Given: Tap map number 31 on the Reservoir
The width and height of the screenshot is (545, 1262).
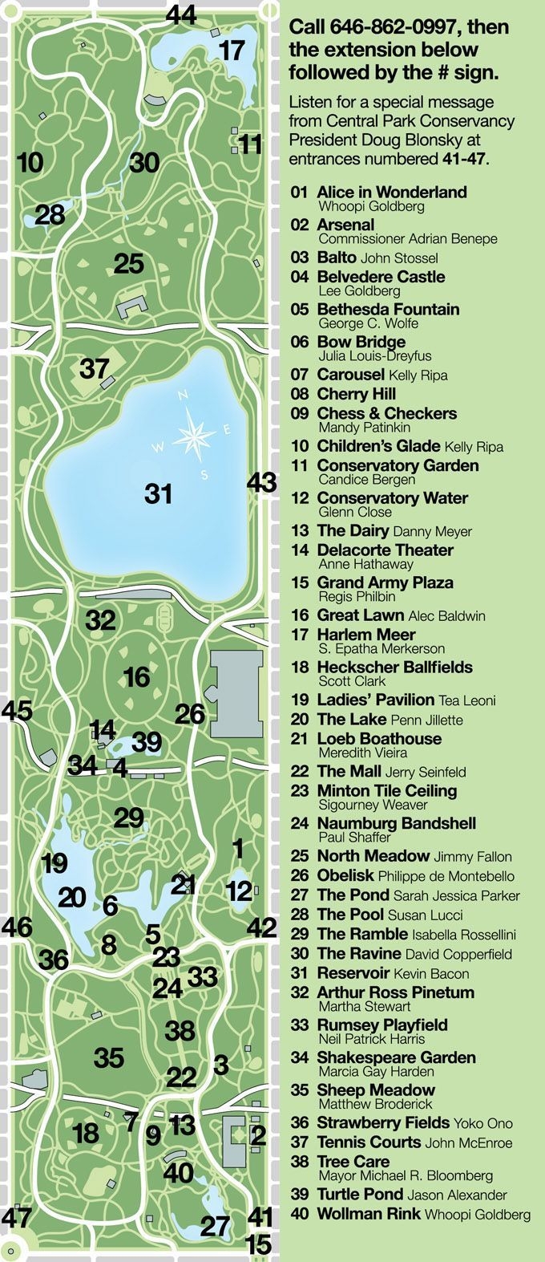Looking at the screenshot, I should [159, 493].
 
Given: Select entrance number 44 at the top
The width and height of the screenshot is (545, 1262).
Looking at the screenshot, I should [181, 14].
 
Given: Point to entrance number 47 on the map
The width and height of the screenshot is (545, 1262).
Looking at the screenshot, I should [16, 1217].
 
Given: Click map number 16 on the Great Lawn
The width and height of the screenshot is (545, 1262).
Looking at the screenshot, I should [136, 677].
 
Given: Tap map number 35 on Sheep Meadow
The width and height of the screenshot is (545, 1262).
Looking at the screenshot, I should [109, 1057].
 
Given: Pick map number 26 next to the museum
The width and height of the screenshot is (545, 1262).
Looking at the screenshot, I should [190, 714].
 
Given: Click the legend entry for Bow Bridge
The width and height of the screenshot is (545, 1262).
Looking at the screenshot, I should [361, 342].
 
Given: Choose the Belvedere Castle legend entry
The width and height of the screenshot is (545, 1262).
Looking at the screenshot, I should [381, 277].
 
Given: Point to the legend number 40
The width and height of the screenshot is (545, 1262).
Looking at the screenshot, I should [299, 1214].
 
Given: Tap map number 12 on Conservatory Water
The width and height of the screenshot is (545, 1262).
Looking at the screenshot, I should [239, 891].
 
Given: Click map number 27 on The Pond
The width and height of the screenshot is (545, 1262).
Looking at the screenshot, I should [215, 1226].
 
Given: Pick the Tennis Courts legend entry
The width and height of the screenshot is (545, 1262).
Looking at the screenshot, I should [369, 1142].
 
